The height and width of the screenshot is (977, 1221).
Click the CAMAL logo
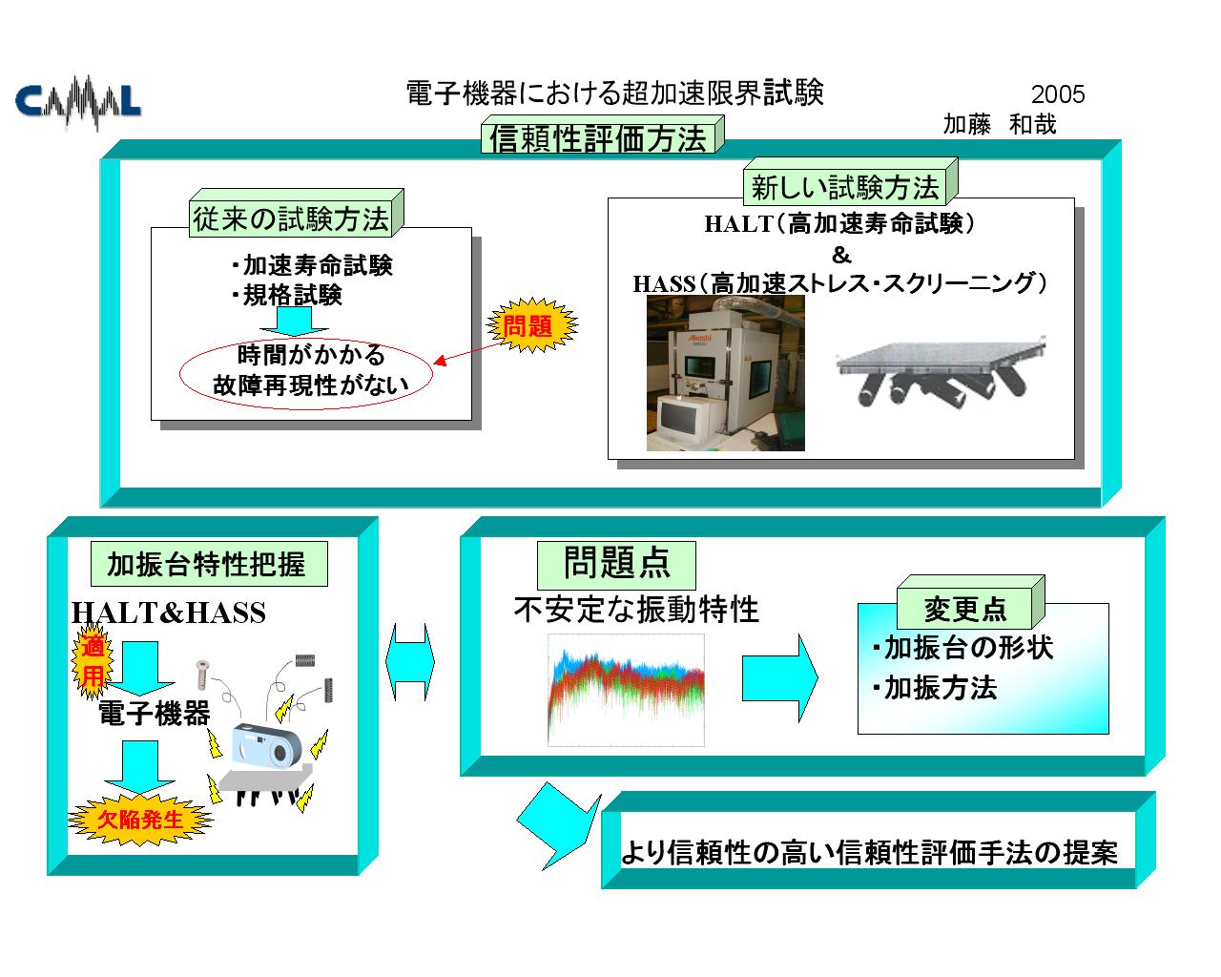click(78, 102)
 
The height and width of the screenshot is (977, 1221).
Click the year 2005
click(1058, 94)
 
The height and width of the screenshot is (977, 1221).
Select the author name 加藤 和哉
click(999, 124)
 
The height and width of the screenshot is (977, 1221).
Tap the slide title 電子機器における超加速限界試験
click(614, 93)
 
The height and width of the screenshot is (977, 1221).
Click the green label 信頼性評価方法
click(602, 135)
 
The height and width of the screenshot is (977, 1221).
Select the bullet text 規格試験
click(287, 295)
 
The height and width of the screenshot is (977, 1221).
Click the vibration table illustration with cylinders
click(941, 370)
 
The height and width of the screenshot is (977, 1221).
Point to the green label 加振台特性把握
click(209, 564)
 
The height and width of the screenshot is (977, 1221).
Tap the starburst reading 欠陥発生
click(140, 820)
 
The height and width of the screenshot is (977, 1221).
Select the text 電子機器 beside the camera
click(155, 713)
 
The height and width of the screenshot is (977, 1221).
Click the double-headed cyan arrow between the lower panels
click(409, 661)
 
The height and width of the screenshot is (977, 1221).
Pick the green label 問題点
click(616, 565)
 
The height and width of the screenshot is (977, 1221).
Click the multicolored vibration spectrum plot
click(626, 690)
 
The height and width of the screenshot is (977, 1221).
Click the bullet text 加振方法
click(935, 688)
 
